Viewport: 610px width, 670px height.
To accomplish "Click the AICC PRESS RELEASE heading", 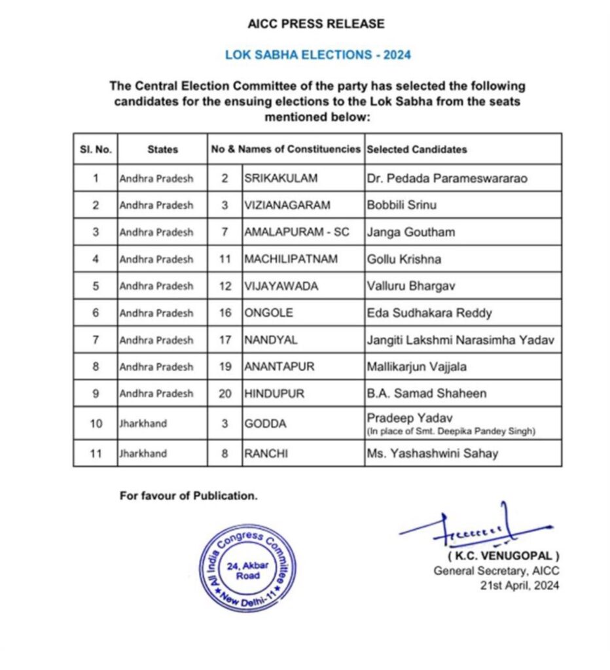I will click(x=316, y=24).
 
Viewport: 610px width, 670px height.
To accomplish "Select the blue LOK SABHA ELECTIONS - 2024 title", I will click(x=317, y=55).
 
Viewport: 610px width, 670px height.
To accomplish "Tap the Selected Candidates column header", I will click(x=416, y=149).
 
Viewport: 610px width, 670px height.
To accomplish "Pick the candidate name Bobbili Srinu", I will click(x=401, y=205).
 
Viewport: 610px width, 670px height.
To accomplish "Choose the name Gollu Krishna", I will click(x=403, y=259).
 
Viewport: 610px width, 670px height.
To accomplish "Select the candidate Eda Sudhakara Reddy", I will click(x=429, y=313).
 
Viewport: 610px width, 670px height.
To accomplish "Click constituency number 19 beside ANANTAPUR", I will click(x=226, y=367).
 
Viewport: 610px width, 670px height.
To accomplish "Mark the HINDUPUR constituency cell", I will click(x=270, y=394).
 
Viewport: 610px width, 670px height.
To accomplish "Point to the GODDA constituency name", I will click(x=265, y=424).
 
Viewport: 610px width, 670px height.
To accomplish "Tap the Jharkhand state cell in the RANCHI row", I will click(x=143, y=453).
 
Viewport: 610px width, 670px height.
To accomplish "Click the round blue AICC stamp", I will click(x=248, y=567).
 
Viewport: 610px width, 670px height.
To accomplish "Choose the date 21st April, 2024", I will click(x=520, y=586).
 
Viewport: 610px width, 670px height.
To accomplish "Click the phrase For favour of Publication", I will click(x=188, y=495).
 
